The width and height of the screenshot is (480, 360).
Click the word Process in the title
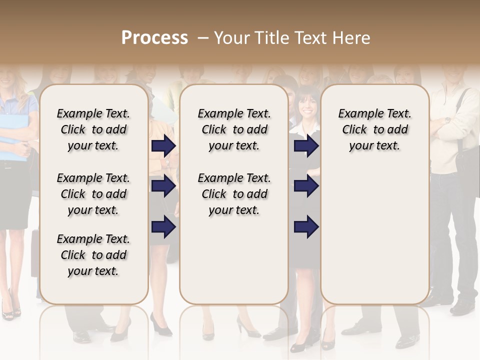(154, 37)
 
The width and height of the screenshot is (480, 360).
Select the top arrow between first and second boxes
(163, 145)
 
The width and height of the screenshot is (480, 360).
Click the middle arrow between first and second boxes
(163, 186)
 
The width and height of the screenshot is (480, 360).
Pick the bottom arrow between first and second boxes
(163, 227)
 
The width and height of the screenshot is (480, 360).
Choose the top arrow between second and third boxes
(306, 145)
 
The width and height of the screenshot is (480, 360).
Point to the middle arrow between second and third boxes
(306, 186)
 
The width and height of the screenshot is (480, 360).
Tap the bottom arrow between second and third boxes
(306, 227)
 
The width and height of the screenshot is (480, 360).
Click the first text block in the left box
(93, 129)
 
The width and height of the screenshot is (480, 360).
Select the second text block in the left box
(93, 194)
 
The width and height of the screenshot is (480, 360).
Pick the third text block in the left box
(93, 255)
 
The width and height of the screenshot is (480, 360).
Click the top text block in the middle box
(234, 129)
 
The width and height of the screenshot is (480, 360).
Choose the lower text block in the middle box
(234, 194)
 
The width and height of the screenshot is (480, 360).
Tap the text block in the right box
(374, 129)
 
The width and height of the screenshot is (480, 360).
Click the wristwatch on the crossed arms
(446, 120)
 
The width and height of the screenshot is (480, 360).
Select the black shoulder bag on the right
(467, 160)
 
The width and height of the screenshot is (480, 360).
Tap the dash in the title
(203, 38)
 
